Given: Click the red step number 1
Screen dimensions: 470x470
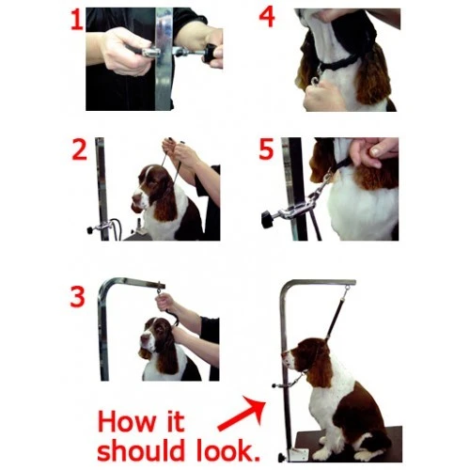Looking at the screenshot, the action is coord(76,21).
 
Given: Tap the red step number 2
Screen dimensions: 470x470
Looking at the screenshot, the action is coord(79,149).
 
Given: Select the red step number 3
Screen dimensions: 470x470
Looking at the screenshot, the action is coord(77,296).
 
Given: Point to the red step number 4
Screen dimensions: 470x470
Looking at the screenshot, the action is coord(267,18).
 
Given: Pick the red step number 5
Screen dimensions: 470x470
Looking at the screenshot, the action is coord(266,149).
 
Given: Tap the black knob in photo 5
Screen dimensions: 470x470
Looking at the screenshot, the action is coord(267,219).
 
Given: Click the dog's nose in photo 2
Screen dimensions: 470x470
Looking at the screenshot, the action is coord(135,198).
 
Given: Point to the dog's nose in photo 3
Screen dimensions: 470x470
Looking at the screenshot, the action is coord(143,337).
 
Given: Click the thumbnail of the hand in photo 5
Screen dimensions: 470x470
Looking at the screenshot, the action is coord(376,151).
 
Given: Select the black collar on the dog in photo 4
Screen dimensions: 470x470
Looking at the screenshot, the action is coord(338,63).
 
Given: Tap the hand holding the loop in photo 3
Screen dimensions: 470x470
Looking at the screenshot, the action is coord(165,302).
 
